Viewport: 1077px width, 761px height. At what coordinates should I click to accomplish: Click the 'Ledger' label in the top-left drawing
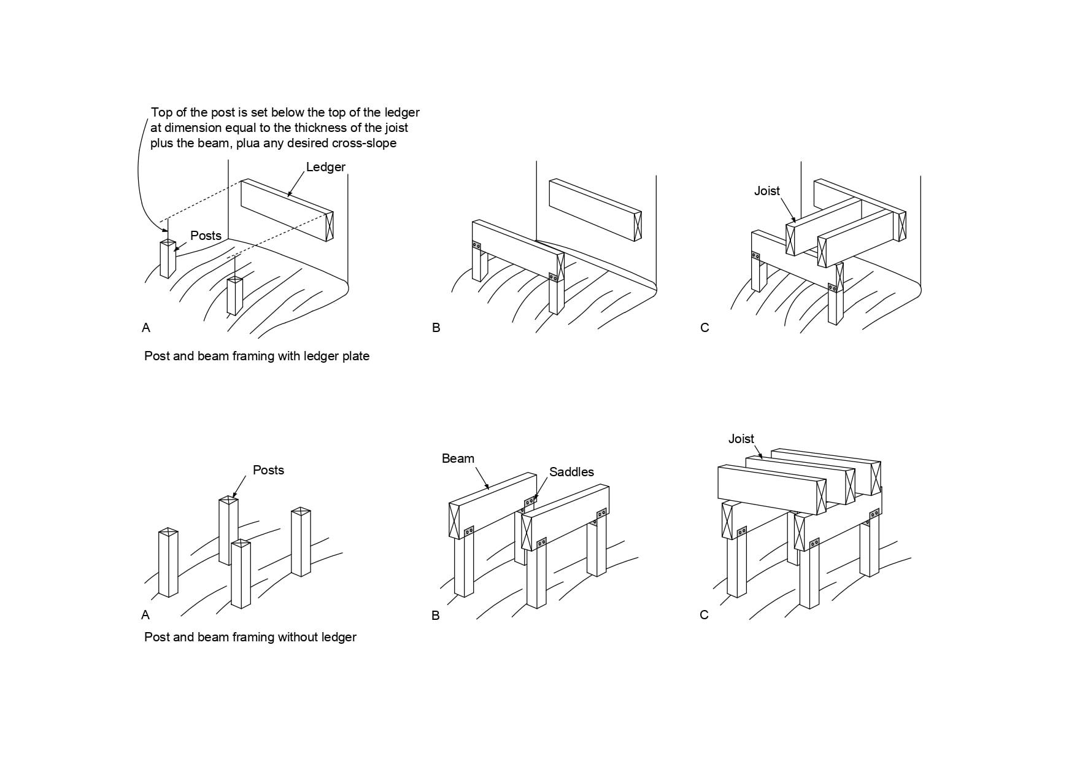point(325,167)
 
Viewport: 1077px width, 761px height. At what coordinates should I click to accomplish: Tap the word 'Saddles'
point(571,472)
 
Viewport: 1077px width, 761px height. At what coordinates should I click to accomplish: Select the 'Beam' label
point(458,458)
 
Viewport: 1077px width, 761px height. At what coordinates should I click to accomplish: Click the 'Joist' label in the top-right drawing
point(766,191)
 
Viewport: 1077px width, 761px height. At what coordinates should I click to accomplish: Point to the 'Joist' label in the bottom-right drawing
point(741,439)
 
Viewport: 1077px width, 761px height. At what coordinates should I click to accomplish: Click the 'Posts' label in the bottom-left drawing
point(268,470)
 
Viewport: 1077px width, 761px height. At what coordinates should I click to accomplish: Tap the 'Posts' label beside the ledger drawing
point(206,236)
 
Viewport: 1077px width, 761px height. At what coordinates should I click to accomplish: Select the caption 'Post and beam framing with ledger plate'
point(257,356)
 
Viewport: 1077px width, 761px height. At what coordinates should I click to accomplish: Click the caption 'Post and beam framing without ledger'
point(250,637)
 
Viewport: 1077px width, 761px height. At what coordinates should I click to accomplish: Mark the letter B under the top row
point(436,328)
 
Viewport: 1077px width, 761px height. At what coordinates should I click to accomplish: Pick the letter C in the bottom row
point(704,615)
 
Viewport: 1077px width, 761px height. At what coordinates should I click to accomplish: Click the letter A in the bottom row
point(145,615)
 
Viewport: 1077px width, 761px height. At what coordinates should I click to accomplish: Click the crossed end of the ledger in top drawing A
point(329,226)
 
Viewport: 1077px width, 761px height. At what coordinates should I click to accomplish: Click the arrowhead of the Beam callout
point(488,489)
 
